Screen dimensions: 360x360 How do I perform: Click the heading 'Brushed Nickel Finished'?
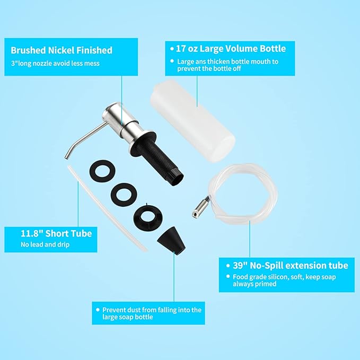62,50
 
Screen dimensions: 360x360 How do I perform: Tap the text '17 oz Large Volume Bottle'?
231,49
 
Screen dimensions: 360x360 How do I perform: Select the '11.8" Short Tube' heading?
56,233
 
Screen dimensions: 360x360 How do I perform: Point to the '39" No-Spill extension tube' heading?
291,266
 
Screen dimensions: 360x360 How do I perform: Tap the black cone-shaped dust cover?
172,240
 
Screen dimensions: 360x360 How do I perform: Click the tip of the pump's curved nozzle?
66,157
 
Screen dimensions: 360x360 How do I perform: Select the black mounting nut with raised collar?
148,217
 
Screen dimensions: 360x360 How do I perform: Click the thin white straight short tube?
107,208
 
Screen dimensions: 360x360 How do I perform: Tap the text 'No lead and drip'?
45,244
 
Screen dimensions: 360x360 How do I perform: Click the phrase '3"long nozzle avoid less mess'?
55,64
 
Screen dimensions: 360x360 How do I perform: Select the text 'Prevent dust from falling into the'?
152,310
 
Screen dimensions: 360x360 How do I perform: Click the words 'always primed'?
254,284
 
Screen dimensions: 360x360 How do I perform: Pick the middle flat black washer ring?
124,194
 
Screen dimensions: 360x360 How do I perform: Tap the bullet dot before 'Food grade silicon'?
228,276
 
